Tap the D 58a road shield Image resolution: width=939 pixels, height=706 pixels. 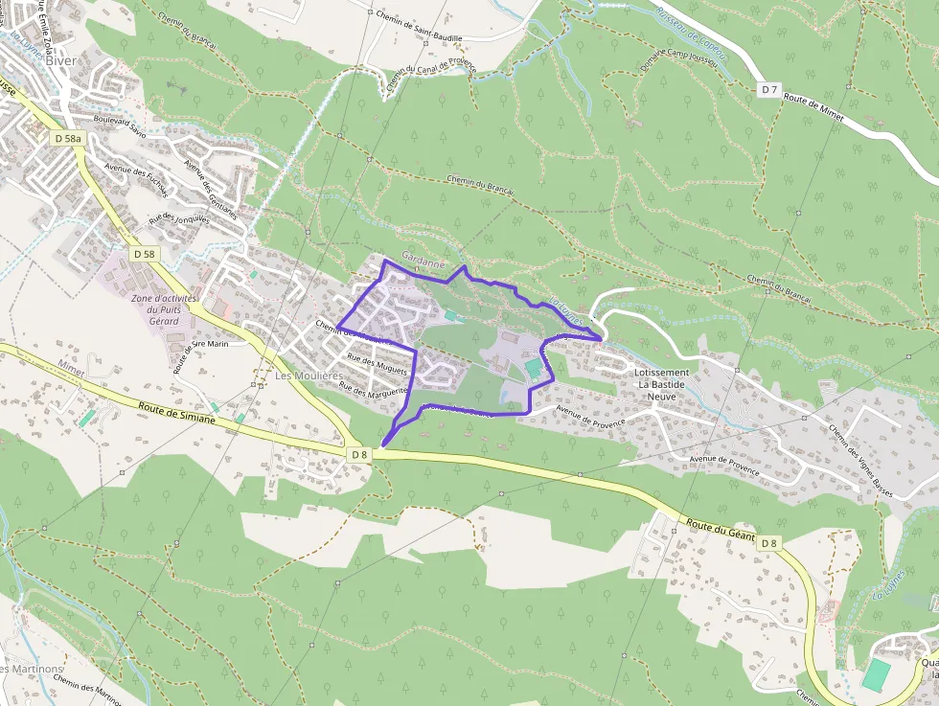click(68, 139)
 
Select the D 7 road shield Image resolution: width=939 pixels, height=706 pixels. click(767, 89)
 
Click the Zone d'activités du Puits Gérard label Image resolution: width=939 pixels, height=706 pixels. click(164, 309)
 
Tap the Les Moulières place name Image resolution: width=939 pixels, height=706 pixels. click(309, 376)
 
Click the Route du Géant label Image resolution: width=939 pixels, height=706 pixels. click(721, 530)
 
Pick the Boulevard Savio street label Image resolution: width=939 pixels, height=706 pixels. click(120, 126)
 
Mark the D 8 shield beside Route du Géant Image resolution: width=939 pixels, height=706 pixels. click(768, 544)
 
